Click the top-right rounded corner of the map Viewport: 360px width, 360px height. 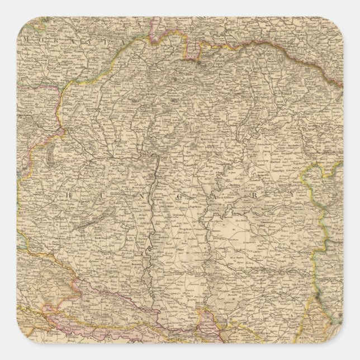pos(336,23)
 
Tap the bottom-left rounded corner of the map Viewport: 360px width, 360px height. pos(23,336)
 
